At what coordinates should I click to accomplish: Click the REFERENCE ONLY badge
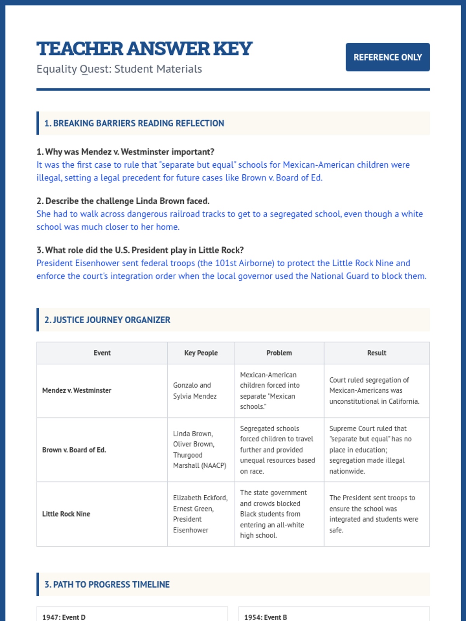click(388, 57)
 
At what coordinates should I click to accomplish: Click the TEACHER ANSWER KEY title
click(144, 49)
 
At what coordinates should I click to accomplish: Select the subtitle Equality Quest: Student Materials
click(119, 69)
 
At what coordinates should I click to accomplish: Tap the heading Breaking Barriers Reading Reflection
click(134, 123)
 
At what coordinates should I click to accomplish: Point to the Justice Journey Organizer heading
click(107, 320)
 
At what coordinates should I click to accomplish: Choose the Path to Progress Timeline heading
click(107, 585)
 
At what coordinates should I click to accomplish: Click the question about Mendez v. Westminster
click(125, 152)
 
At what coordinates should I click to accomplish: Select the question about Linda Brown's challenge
click(123, 201)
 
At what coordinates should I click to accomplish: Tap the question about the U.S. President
click(140, 250)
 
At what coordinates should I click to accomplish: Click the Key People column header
click(201, 353)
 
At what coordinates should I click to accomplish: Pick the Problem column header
click(279, 353)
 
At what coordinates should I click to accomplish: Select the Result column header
click(376, 353)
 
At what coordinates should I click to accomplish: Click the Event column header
click(102, 353)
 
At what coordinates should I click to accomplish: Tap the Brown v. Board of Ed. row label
click(74, 450)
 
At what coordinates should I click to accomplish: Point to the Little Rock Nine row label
click(66, 514)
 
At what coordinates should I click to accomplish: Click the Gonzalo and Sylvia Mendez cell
click(195, 390)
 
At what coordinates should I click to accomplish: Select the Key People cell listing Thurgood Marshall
click(199, 449)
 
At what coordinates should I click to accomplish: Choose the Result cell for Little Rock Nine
click(374, 514)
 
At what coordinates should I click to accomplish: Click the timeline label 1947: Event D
click(64, 617)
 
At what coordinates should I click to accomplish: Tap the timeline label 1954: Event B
click(266, 617)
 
